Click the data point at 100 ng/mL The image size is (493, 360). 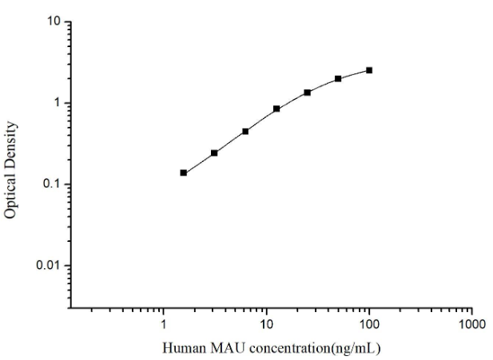tap(369, 70)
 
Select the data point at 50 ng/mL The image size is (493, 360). tap(338, 78)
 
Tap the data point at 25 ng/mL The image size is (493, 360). tap(308, 93)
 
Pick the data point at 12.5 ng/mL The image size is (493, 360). tap(276, 109)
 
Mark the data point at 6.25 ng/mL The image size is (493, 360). tap(245, 131)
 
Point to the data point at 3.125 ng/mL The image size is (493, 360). tap(214, 152)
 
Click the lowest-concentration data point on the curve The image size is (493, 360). tap(184, 172)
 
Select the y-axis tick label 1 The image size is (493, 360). tap(58, 103)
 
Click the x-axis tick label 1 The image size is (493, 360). tap(164, 326)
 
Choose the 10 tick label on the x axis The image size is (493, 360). tap(266, 326)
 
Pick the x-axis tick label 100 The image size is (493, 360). tap(369, 326)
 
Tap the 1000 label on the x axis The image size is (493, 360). tap(471, 326)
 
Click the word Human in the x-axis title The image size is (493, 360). tap(182, 349)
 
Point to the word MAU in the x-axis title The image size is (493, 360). tap(220, 349)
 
